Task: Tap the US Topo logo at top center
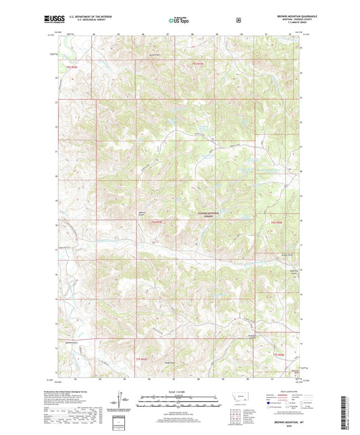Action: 180,21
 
